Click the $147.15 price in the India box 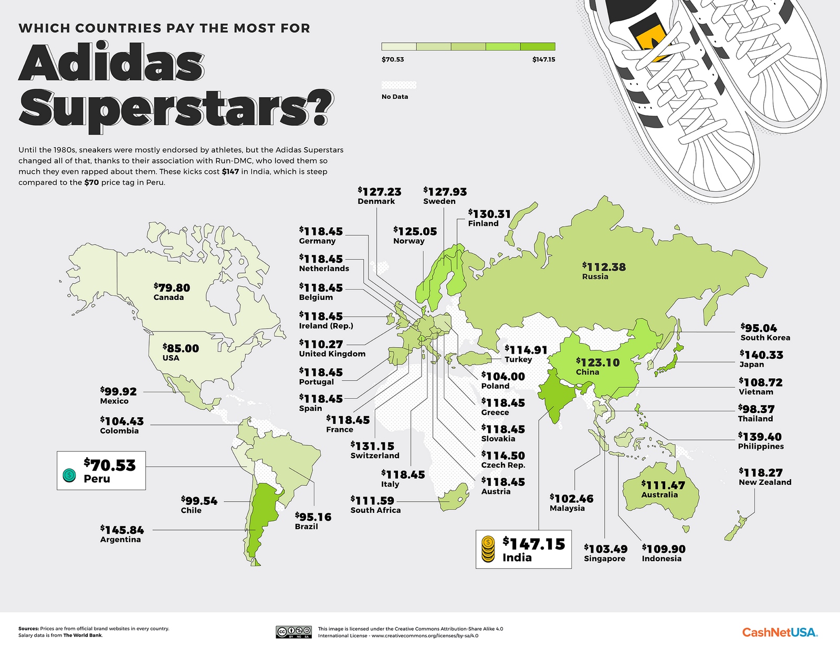tap(534, 544)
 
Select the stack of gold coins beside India tap(488, 550)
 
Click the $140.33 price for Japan tap(761, 355)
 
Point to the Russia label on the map tap(595, 277)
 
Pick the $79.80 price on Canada tap(172, 288)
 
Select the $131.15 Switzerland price tap(372, 446)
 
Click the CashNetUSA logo tap(780, 632)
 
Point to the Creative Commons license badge tap(293, 632)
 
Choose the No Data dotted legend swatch tap(399, 85)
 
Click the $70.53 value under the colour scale tap(393, 59)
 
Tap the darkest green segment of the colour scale tap(538, 47)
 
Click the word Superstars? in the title tap(176, 108)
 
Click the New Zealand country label tap(765, 482)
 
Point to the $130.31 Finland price tap(489, 214)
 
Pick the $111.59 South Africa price tap(372, 501)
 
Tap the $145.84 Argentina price tap(122, 530)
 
